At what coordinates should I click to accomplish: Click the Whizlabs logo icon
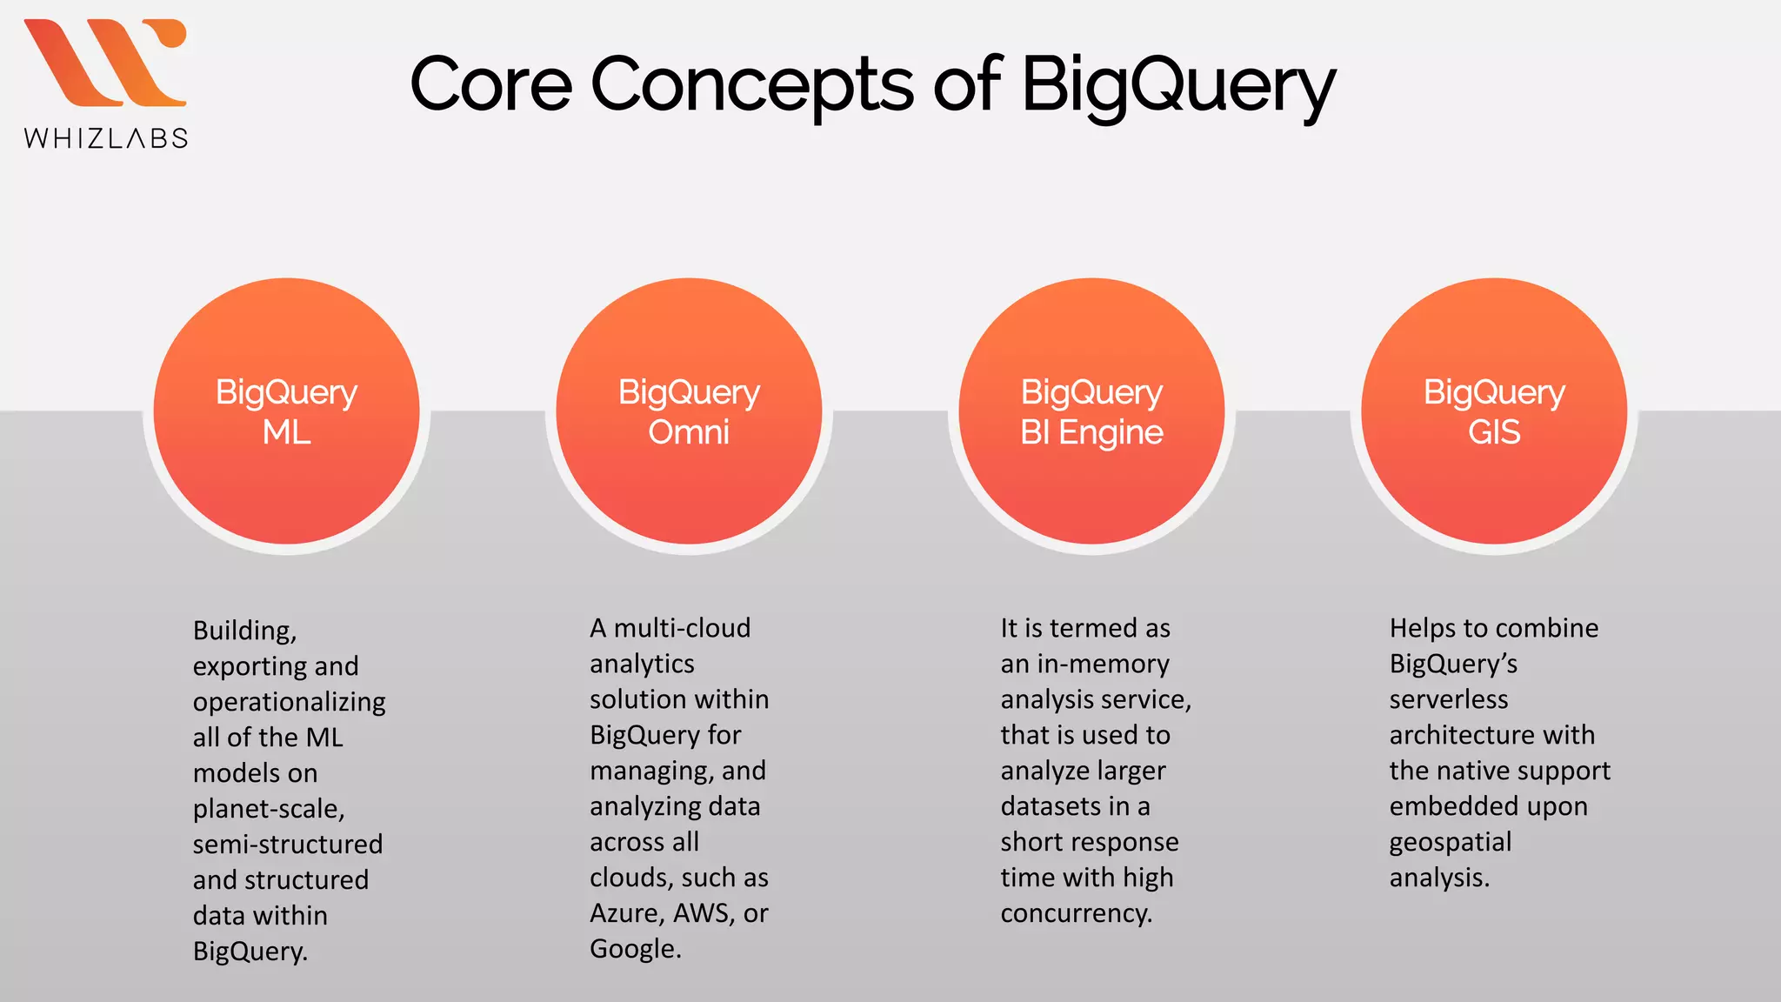point(105,63)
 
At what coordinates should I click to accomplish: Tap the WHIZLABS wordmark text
point(106,138)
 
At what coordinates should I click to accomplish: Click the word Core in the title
point(490,84)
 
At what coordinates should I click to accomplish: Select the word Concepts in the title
point(752,86)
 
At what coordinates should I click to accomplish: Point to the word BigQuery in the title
point(1177,86)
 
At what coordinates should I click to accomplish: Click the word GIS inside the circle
point(1494,432)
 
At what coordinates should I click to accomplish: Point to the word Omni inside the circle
point(689,432)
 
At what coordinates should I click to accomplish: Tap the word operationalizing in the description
point(289,702)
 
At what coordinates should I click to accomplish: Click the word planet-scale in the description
point(269,809)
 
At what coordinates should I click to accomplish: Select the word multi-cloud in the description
point(682,628)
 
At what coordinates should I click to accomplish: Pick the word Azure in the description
point(626,913)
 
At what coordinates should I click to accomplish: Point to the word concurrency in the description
point(1076,913)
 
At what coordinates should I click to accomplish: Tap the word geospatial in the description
point(1450,843)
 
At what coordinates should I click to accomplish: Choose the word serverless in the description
point(1448,699)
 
